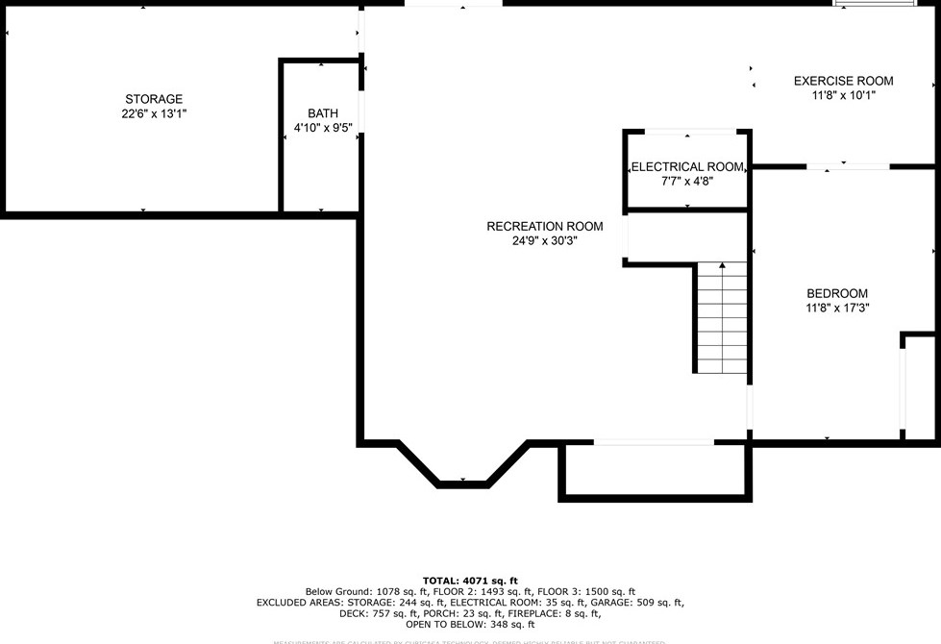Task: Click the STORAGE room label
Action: [154, 99]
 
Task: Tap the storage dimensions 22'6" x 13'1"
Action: [154, 113]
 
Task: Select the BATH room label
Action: [323, 113]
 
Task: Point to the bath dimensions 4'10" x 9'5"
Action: [323, 128]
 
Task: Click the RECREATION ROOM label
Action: [545, 227]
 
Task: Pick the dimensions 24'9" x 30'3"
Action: [545, 241]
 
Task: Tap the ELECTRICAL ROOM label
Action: [687, 167]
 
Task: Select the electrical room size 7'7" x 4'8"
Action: [687, 181]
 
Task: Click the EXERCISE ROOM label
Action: [843, 81]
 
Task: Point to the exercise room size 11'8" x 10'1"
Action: [843, 95]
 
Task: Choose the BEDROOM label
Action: [836, 294]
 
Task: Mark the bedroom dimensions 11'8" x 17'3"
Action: [836, 309]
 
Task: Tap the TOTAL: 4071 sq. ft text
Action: [470, 581]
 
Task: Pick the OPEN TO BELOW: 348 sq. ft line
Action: [470, 625]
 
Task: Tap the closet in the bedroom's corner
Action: [919, 386]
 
